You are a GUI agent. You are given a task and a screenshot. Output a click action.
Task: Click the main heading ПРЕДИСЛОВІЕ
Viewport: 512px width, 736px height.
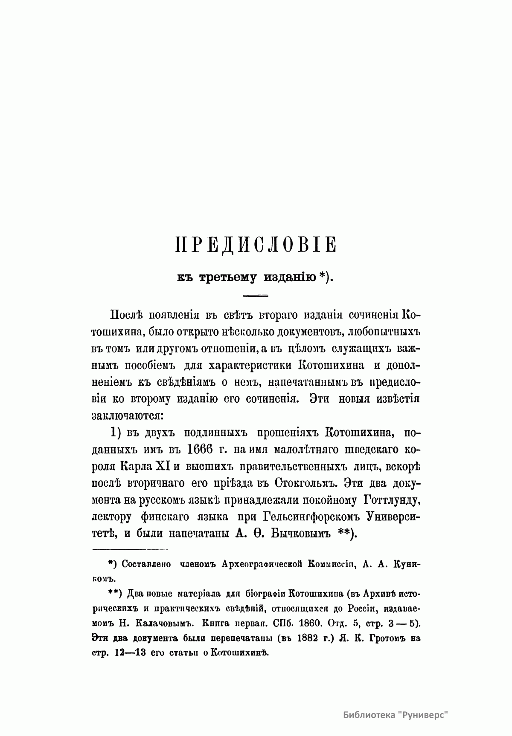coord(256,246)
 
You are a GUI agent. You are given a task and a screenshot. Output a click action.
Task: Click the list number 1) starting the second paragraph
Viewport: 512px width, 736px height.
coord(116,433)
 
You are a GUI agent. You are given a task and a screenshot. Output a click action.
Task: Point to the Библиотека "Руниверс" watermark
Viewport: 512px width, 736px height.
coord(397,714)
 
